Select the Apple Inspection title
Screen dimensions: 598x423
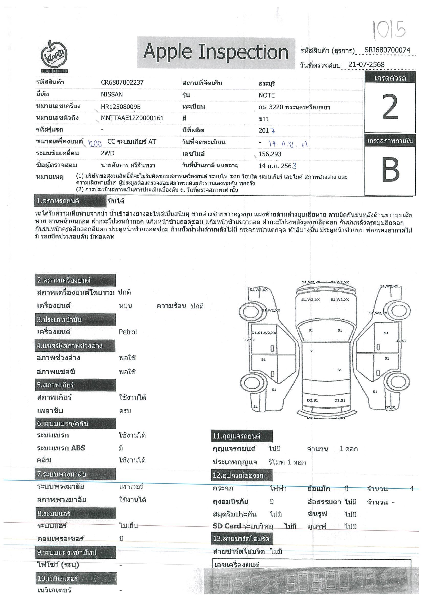(216, 52)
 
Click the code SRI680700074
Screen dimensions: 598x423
(387, 50)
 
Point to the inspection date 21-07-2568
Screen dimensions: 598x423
(366, 65)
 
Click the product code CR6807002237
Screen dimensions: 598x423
(122, 83)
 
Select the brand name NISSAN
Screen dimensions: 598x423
(112, 94)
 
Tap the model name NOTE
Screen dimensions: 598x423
(266, 95)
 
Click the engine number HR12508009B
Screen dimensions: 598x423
(122, 107)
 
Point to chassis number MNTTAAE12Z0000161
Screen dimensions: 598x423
(132, 118)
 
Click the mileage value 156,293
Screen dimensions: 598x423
(270, 154)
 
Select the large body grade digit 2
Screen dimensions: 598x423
(390, 107)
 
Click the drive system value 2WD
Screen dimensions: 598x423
(108, 153)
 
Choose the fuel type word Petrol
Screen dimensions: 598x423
(128, 332)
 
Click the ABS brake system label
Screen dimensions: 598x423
(61, 448)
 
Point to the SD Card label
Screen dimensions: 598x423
(227, 526)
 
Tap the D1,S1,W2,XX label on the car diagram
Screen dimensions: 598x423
(264, 332)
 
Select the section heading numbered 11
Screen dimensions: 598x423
(241, 436)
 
